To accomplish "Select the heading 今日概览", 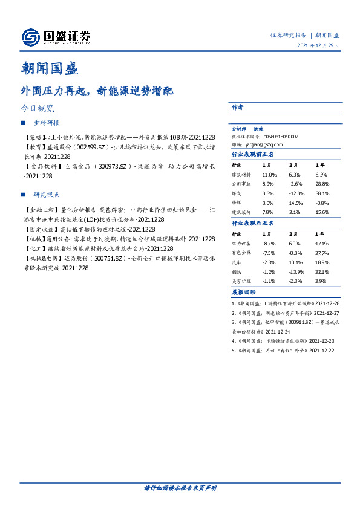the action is point(38,109).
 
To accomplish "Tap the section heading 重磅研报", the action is point(47,123).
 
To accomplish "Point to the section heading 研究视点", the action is point(47,195).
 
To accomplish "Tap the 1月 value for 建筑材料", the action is point(269,174).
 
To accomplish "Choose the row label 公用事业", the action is point(241,184).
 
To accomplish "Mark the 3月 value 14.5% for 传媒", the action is point(296,203).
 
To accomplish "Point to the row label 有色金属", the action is point(241,252).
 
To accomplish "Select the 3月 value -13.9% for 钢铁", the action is point(296,271).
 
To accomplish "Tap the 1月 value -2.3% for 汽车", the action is point(269,262).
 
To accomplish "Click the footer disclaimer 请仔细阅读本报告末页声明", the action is point(180,487).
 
